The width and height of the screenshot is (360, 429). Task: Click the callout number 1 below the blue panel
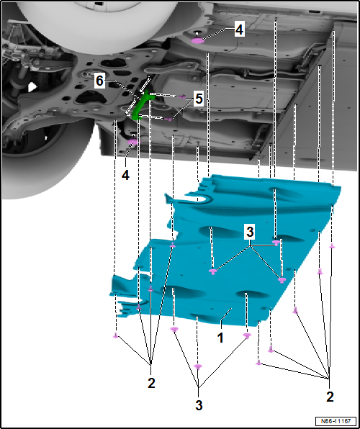pos(220,338)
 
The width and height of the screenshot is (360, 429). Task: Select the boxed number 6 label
pos(99,81)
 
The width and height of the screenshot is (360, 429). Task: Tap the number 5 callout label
pos(199,99)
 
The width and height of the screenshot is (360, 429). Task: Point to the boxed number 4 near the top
pos(239,30)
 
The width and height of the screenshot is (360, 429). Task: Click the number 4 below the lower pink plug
pos(125,175)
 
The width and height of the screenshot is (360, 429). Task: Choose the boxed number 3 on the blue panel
pos(250,232)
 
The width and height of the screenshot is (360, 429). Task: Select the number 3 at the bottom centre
pos(199,405)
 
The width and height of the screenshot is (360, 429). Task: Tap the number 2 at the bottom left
pos(151,383)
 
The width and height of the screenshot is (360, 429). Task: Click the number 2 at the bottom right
pos(330,397)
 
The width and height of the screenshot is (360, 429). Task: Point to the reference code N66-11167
pos(336,420)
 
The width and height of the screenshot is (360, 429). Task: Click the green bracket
pos(142,105)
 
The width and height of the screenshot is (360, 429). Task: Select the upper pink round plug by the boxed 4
pos(198,41)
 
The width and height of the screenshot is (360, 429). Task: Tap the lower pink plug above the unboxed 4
pos(133,142)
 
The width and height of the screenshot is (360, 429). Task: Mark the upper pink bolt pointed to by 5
pos(182,96)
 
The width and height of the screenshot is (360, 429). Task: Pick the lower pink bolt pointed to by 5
pos(170,119)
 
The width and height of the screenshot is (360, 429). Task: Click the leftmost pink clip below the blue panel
pos(116,335)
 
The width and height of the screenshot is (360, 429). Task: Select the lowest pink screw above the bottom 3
pos(198,366)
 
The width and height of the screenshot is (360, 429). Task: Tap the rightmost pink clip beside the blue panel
pos(332,246)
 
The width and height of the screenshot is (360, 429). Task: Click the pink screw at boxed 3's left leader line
pos(213,271)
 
